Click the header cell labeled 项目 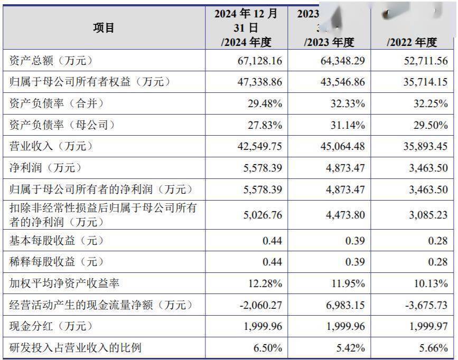[x=104, y=27]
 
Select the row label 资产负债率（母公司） [x=62, y=125]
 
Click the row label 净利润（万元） [x=46, y=168]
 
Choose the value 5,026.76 [x=260, y=215]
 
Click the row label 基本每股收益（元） [x=57, y=241]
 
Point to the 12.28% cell [x=265, y=283]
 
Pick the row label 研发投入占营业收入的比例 [x=76, y=348]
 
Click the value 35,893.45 [x=423, y=146]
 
